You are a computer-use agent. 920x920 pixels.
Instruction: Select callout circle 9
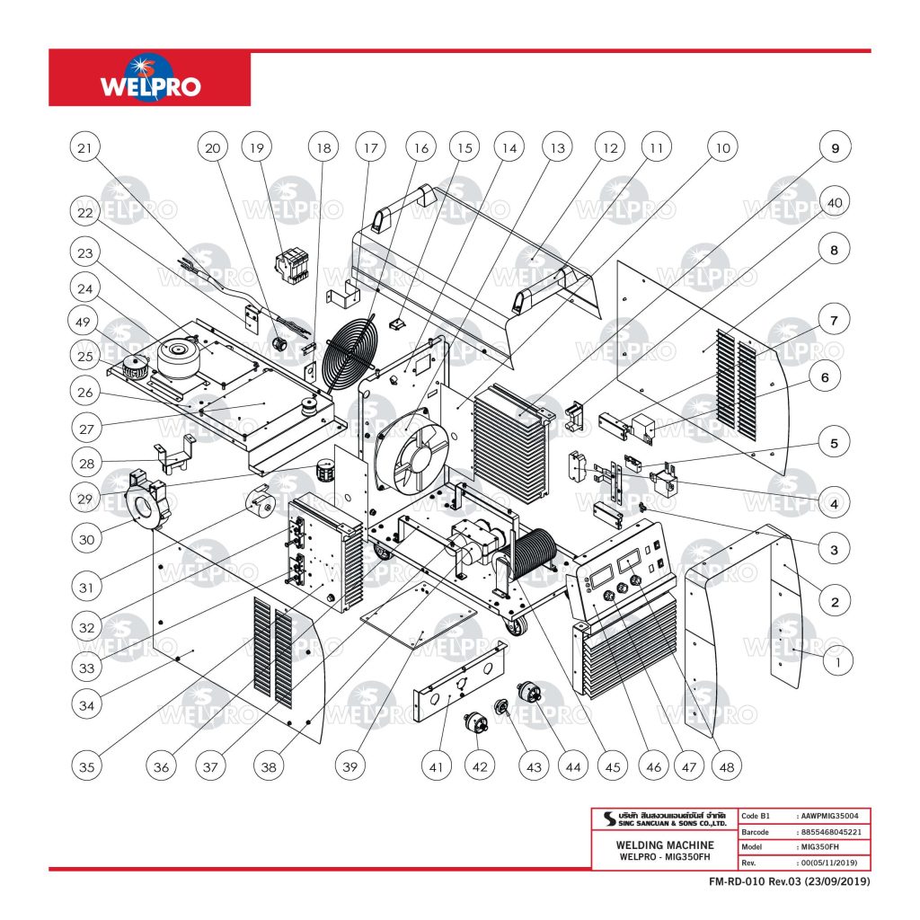pyautogui.click(x=835, y=146)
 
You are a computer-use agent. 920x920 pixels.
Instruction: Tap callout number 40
pyautogui.click(x=835, y=203)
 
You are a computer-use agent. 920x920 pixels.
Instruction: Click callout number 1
pyautogui.click(x=837, y=662)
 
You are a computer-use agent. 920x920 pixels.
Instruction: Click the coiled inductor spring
pyautogui.click(x=534, y=557)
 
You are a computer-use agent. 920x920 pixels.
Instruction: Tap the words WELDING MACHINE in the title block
pyautogui.click(x=665, y=845)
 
